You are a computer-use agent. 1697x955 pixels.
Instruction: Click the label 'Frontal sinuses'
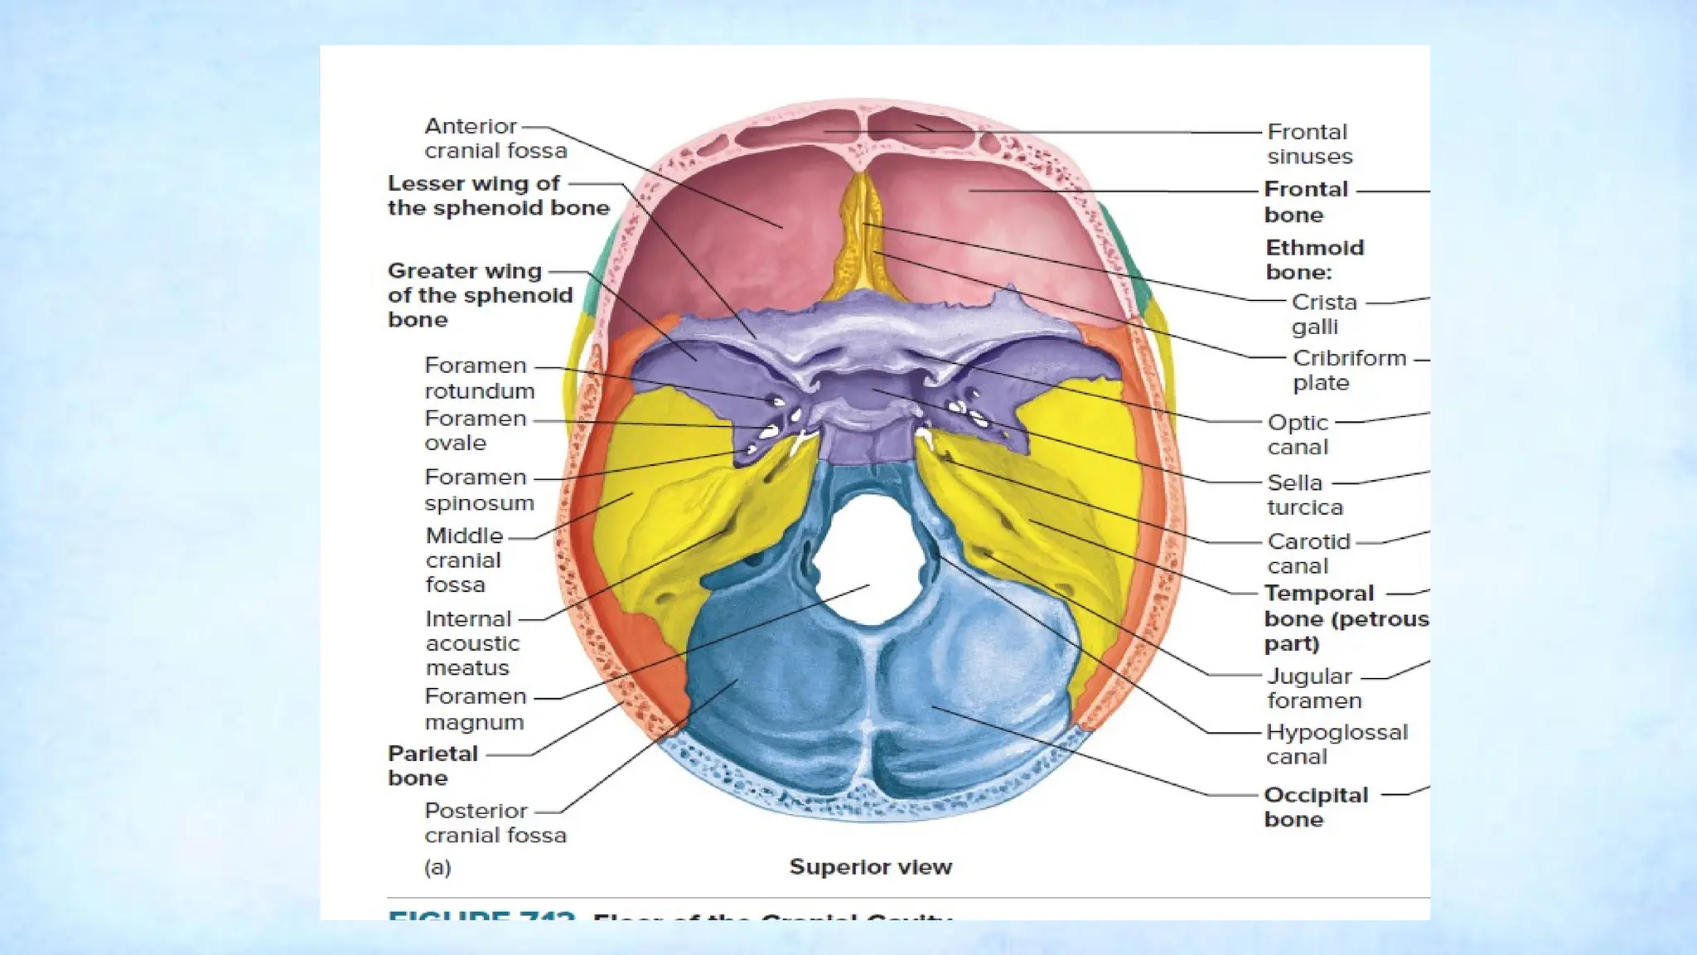(x=1309, y=144)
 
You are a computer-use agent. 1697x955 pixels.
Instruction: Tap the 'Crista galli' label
(x=1323, y=314)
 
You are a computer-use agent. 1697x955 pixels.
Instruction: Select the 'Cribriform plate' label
(x=1349, y=371)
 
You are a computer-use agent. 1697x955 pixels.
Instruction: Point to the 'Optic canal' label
(x=1298, y=434)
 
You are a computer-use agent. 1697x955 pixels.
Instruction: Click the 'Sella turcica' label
(x=1304, y=495)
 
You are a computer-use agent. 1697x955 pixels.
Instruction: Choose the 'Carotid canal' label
(x=1308, y=554)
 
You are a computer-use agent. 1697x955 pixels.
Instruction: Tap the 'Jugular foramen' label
(x=1313, y=689)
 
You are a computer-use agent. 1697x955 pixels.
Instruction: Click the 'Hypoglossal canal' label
(x=1336, y=744)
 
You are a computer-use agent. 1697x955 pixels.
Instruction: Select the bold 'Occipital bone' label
(x=1315, y=807)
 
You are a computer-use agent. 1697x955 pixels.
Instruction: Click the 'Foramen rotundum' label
(x=479, y=378)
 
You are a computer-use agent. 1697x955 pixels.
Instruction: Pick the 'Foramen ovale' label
(x=475, y=430)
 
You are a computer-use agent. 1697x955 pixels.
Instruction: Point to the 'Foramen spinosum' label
(x=479, y=490)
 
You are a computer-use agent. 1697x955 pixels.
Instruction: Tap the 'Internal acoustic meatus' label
(x=471, y=643)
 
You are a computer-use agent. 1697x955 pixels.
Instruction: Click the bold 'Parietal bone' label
(x=433, y=766)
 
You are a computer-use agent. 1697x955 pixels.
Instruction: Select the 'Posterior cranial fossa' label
(x=495, y=822)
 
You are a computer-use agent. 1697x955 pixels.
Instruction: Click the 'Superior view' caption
(x=870, y=867)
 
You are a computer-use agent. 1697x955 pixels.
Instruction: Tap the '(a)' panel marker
(x=438, y=868)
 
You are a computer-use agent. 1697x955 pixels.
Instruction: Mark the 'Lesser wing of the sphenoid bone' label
(x=498, y=196)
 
